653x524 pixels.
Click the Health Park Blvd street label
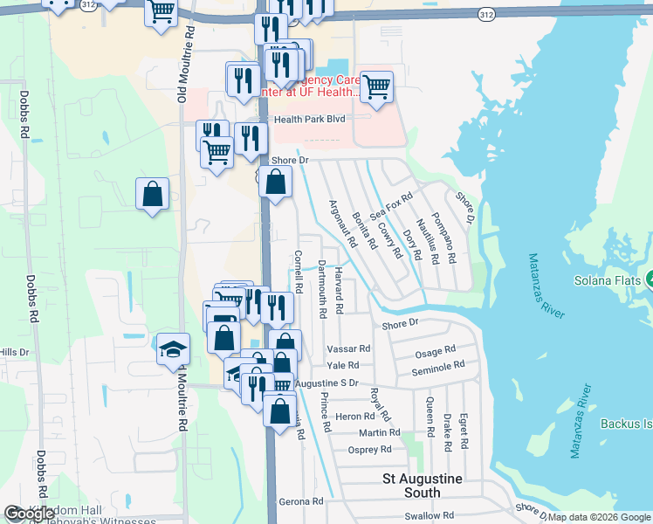[x=310, y=119]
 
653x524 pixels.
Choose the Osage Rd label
[x=435, y=352]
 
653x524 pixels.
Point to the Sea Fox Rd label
[x=390, y=207]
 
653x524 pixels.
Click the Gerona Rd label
[x=301, y=502]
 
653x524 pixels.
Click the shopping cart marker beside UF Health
[x=376, y=86]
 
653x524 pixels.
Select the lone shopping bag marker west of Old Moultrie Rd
[x=152, y=194]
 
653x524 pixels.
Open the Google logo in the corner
[x=30, y=514]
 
